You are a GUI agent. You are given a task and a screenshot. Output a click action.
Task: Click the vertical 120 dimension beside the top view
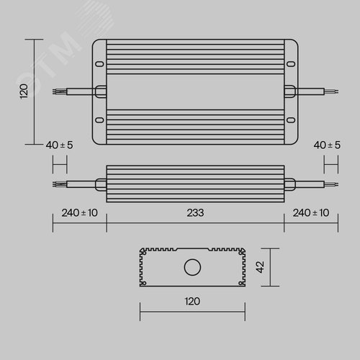pyautogui.click(x=23, y=91)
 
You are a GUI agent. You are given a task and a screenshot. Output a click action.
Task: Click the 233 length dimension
pyautogui.click(x=195, y=212)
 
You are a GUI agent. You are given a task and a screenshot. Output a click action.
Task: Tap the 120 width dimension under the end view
pyautogui.click(x=192, y=301)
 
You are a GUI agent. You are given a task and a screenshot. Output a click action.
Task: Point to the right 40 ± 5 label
pyautogui.click(x=328, y=145)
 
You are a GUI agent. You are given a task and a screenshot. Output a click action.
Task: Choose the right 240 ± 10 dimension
pyautogui.click(x=311, y=212)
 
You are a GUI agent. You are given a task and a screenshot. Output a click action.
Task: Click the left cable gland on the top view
pyautogui.click(x=100, y=91)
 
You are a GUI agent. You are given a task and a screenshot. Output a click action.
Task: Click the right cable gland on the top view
pyautogui.click(x=289, y=91)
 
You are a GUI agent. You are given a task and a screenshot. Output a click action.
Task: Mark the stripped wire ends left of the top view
pyautogui.click(x=57, y=91)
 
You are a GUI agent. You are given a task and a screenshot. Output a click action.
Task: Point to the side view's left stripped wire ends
pyautogui.click(x=57, y=184)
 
